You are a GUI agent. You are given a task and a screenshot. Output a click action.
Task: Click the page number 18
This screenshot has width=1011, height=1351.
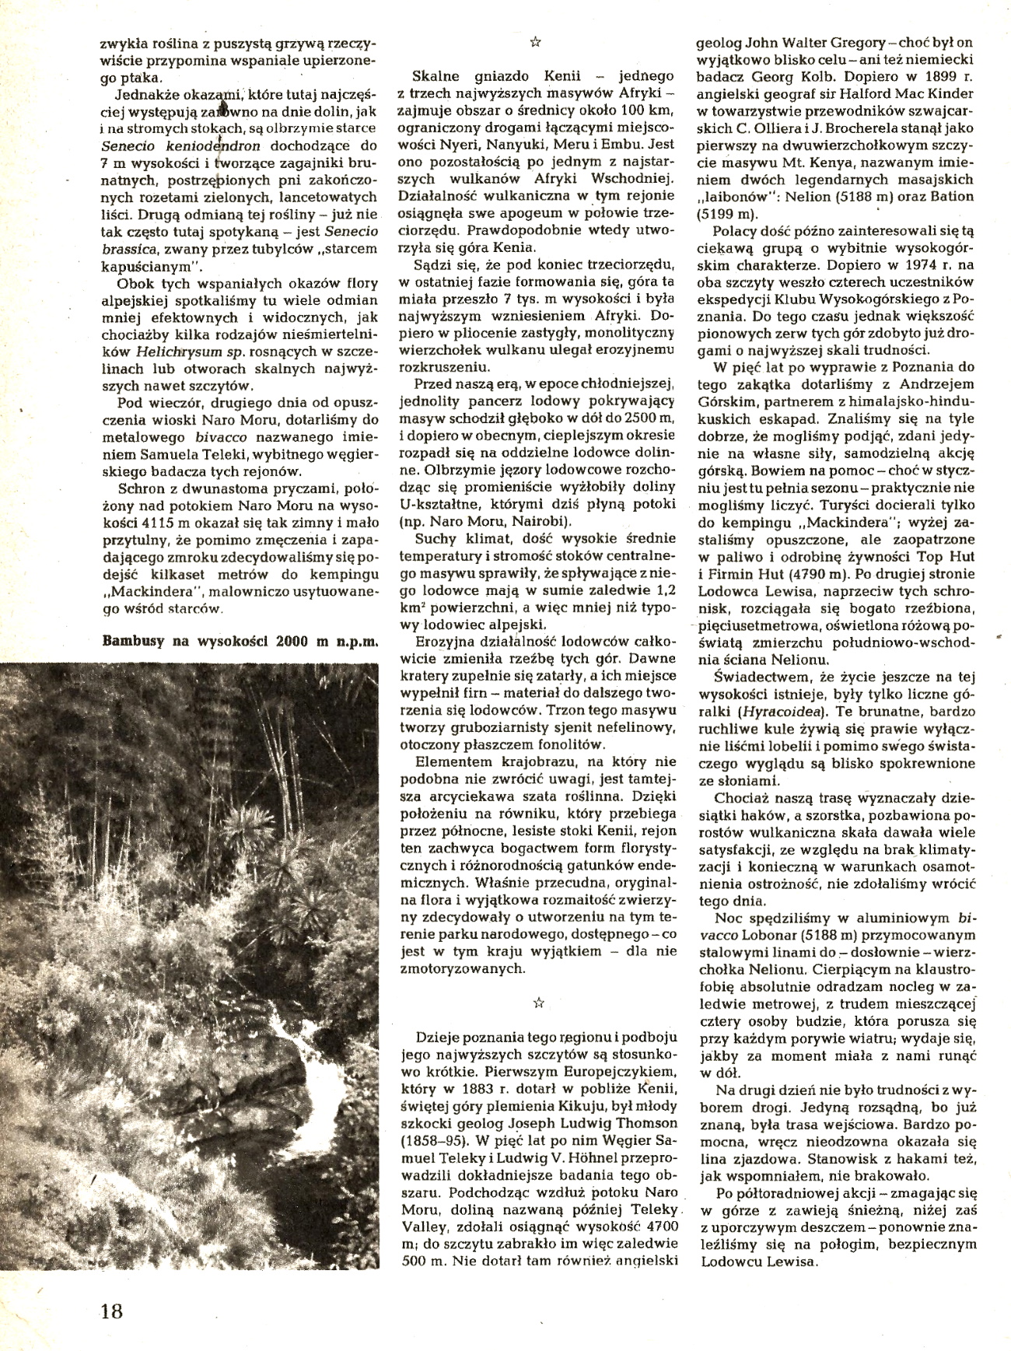click(111, 1310)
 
